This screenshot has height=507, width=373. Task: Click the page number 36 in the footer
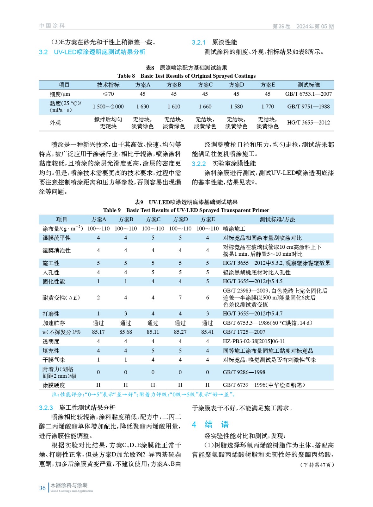point(42,488)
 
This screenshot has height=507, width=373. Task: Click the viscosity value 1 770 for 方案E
point(268,106)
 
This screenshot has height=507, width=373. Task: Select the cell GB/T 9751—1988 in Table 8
point(308,106)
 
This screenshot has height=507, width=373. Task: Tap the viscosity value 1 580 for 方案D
point(236,106)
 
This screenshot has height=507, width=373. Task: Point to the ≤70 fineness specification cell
point(108,94)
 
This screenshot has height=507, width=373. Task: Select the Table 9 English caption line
point(186,210)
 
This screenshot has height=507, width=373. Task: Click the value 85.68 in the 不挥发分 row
point(125,332)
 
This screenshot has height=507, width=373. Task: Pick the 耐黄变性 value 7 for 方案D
point(180,298)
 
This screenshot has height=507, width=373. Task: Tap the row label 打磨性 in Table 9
point(51,313)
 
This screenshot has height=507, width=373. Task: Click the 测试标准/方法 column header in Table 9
point(277,219)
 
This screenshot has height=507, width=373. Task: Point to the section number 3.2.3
point(46,408)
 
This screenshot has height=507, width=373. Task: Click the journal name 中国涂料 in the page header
point(52,26)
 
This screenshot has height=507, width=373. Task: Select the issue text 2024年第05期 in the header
point(315,26)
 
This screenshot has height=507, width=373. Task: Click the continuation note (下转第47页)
point(317,465)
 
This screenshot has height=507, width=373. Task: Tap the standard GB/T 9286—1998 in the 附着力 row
point(244,372)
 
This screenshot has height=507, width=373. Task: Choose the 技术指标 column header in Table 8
point(108,85)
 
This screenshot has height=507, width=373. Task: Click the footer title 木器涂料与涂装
point(69,485)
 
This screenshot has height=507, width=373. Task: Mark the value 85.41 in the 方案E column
point(207,332)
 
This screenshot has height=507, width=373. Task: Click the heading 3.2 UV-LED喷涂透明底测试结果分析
point(92,52)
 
